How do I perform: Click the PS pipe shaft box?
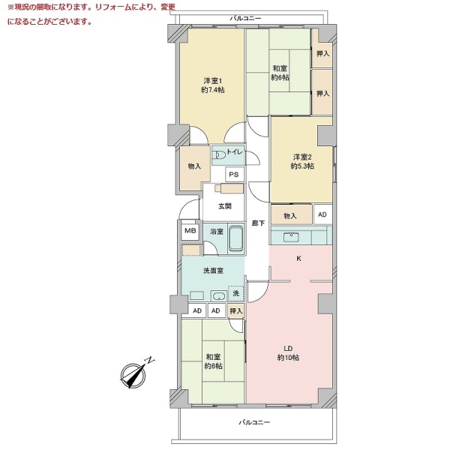point(235,174)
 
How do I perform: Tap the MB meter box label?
point(190,230)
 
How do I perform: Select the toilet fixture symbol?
point(219,155)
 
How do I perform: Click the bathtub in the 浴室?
point(236,238)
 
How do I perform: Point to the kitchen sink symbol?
point(291,237)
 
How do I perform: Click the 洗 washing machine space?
point(235,293)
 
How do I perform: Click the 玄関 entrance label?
point(225,206)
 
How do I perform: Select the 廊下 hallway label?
point(258,223)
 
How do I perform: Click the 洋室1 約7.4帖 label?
point(213,85)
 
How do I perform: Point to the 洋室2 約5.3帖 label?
point(302,161)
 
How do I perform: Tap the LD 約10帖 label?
point(288,353)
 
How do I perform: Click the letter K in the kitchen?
point(298,259)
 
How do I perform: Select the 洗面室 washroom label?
point(213,270)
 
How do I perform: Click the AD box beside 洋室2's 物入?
point(322,214)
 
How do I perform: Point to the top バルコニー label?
point(246,18)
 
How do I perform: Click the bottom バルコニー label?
point(254,422)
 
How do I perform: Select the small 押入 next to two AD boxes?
point(236,310)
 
